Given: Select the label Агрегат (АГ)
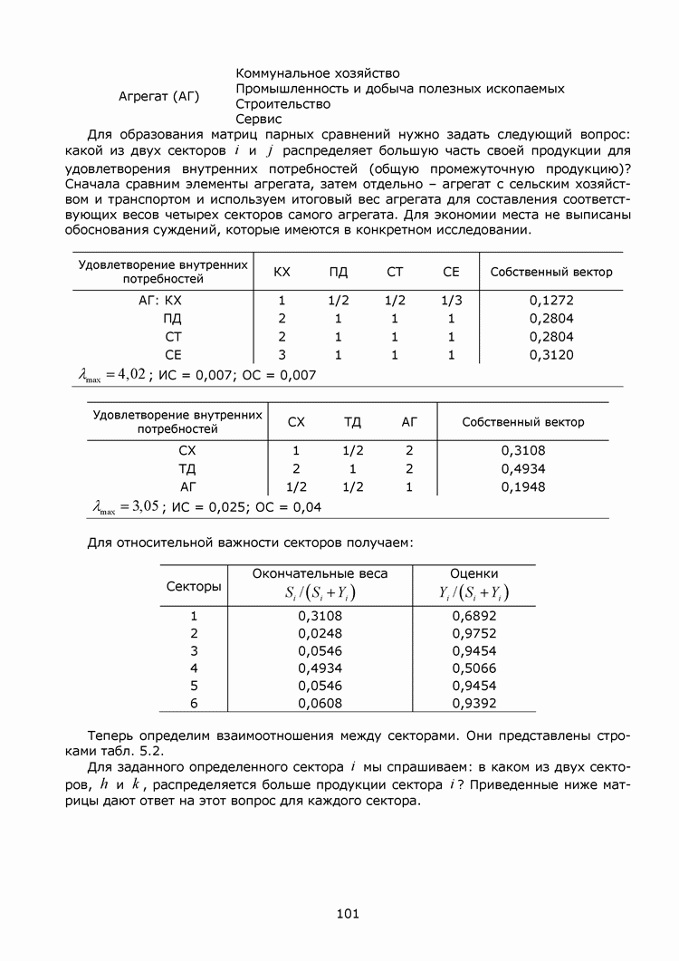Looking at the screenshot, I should pos(159,96).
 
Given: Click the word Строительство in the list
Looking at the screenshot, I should pos(282,104).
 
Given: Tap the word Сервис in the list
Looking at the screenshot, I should pos(259,119).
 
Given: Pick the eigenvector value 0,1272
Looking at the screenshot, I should pos(551,300).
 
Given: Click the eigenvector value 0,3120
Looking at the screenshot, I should pos(551,355).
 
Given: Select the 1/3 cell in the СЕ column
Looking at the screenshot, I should pos(451,300).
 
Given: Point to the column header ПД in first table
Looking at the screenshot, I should pos(339,272).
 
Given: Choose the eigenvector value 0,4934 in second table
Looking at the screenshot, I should pos(523,468).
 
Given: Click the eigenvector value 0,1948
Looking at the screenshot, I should pos(523,486).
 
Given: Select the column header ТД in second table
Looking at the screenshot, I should pos(352,422).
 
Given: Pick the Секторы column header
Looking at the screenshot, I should pos(194,586).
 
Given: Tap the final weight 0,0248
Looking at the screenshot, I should pos(320,633).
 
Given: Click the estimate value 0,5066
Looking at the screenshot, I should pos(474,668).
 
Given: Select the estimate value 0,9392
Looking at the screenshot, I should pos(474,703).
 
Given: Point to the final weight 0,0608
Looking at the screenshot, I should pos(320,703).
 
